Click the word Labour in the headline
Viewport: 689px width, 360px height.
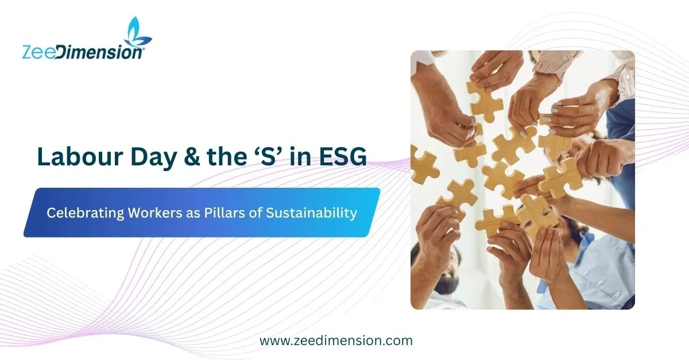pyautogui.click(x=80, y=156)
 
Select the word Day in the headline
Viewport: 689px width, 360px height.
pyautogui.click(x=153, y=158)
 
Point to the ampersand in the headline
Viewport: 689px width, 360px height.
pyautogui.click(x=192, y=157)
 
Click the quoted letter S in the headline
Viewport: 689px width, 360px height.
pyautogui.click(x=269, y=156)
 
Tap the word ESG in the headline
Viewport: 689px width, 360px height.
pyautogui.click(x=343, y=156)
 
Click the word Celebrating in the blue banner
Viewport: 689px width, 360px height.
pyautogui.click(x=85, y=213)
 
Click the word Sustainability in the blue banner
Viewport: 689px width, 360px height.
pyautogui.click(x=311, y=213)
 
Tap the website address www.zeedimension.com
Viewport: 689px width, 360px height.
pyautogui.click(x=336, y=340)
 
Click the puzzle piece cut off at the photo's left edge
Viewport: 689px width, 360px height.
pyautogui.click(x=424, y=166)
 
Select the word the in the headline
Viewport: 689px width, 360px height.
pyautogui.click(x=227, y=156)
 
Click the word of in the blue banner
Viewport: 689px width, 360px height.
pyautogui.click(x=256, y=212)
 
